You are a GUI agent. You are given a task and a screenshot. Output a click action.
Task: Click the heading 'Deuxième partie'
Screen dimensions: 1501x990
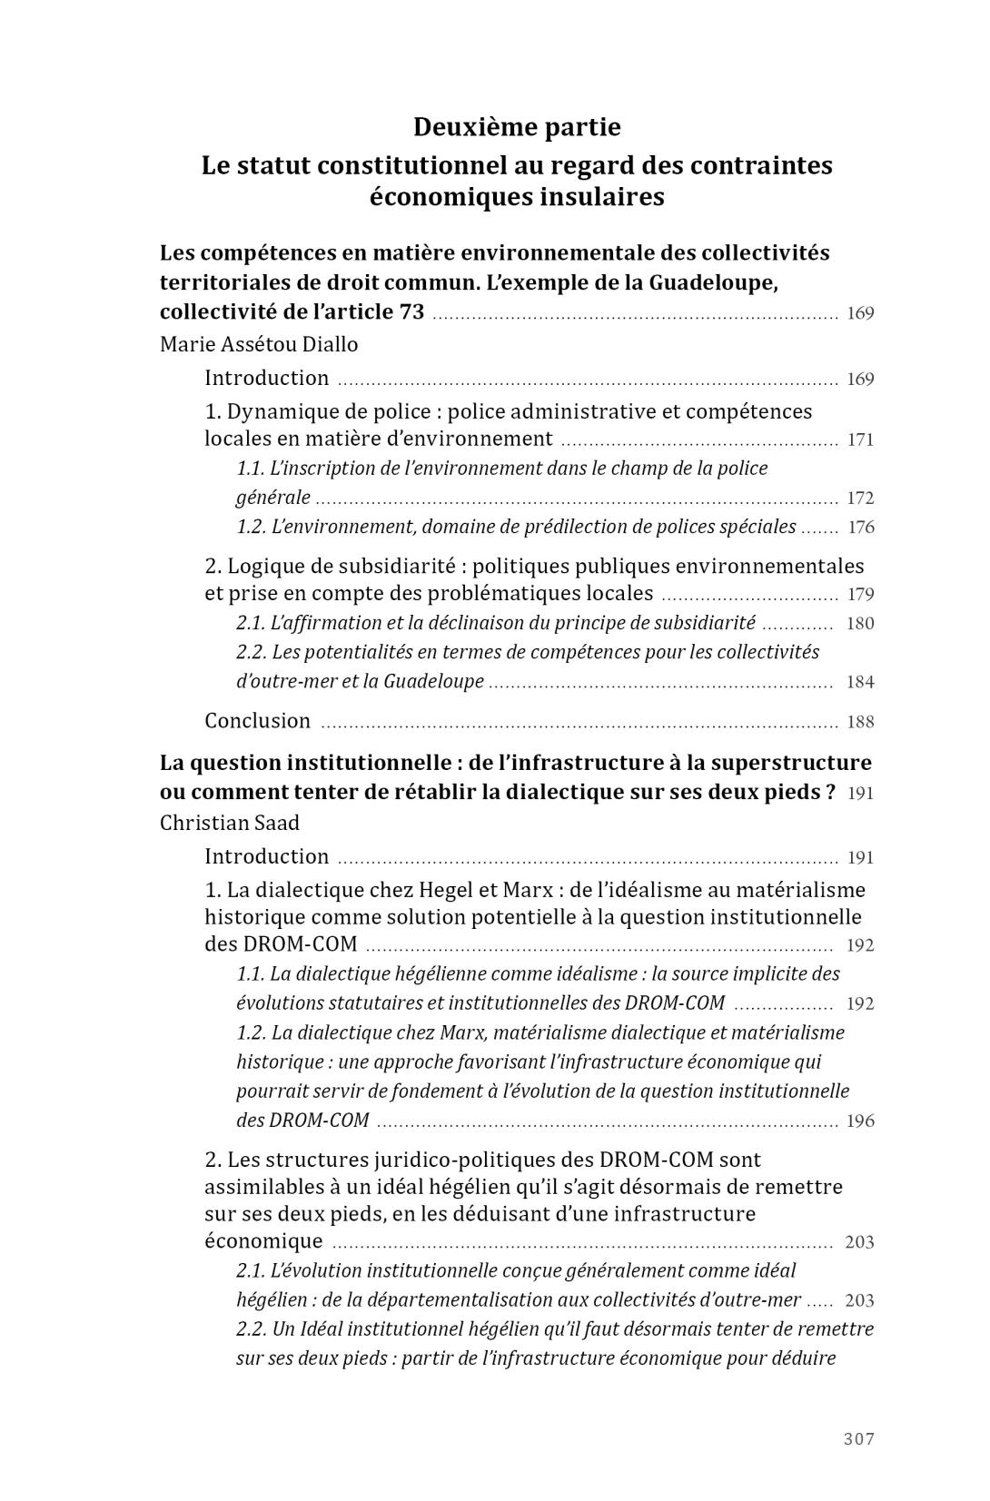[517, 127]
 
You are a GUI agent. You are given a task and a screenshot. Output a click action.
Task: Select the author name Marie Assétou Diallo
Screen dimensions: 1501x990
[259, 345]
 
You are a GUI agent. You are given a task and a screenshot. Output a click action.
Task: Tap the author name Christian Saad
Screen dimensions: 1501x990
[229, 823]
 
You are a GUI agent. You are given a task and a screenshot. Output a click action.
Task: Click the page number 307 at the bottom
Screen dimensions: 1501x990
[858, 1438]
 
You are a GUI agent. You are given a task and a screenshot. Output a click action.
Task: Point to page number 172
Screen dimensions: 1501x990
[860, 499]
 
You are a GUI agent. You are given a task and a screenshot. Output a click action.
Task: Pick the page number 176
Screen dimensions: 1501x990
[860, 528]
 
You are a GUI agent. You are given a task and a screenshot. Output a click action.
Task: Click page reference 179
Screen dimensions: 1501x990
[860, 595]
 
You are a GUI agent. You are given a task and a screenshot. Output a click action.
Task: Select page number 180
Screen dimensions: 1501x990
[860, 624]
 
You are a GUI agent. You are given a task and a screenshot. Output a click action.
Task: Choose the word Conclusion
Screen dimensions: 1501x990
[257, 721]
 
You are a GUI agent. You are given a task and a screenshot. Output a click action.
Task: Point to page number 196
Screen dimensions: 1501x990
[860, 1121]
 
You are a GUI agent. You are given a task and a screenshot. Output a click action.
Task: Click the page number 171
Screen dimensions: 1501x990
[860, 440]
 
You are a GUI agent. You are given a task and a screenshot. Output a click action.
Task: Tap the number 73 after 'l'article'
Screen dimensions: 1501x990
[411, 311]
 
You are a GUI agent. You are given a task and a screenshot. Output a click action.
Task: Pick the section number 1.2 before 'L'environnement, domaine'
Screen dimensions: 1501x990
[250, 528]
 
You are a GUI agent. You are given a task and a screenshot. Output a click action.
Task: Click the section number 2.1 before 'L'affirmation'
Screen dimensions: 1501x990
[250, 624]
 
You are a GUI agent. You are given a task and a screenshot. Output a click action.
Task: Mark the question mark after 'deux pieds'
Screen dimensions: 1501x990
[830, 792]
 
